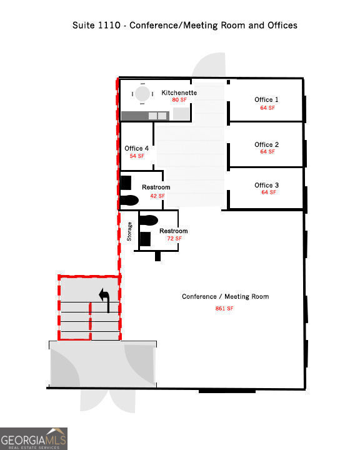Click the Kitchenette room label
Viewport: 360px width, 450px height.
tap(179, 92)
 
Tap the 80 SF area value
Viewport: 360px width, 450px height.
tap(179, 100)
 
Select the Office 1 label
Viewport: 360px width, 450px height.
tap(267, 99)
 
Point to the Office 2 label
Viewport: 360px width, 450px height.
tap(267, 144)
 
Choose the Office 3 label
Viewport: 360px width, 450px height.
tap(267, 185)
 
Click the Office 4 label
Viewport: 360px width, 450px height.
tap(137, 148)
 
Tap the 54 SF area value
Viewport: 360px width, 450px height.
tap(137, 156)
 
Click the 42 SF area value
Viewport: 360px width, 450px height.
tap(157, 196)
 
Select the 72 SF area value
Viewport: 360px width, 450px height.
tap(174, 239)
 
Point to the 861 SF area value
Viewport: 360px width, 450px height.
tap(225, 308)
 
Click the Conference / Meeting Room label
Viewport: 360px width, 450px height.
tap(225, 296)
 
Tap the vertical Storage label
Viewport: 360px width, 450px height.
tap(130, 232)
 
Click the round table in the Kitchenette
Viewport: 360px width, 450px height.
tap(143, 94)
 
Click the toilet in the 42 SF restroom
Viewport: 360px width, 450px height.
tap(129, 200)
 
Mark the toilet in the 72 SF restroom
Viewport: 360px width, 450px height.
tap(149, 220)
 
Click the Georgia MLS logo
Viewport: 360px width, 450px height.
tap(33, 438)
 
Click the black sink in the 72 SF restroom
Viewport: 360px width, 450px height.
tap(146, 238)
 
